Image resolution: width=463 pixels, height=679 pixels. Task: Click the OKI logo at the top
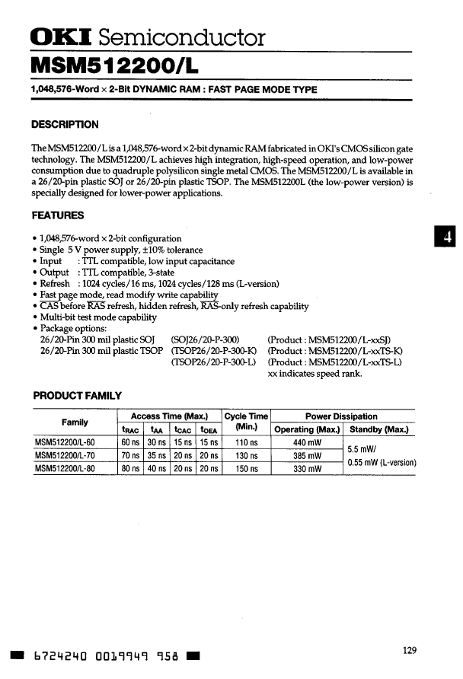60,37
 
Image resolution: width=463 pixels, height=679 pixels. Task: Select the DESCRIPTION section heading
65,125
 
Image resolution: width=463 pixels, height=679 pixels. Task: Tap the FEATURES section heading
58,215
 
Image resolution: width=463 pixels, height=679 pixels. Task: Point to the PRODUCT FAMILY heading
77,396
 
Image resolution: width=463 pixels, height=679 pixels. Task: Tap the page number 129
409,649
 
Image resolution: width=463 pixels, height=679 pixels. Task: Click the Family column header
75,422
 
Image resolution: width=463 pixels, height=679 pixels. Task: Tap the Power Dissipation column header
341,416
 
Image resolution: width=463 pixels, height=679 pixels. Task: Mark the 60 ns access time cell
131,442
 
